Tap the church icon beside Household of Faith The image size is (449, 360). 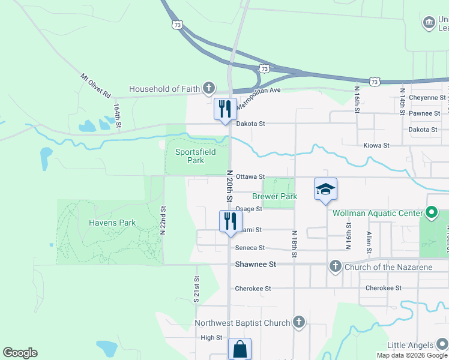[x=208, y=89]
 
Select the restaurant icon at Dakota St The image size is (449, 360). [x=225, y=109]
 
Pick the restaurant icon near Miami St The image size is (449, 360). [x=229, y=221]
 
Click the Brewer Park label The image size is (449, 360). [x=274, y=196]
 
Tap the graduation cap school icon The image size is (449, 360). [x=325, y=189]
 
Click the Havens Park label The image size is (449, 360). [x=112, y=223]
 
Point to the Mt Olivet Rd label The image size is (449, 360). [x=96, y=86]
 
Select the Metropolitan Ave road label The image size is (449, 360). [x=258, y=98]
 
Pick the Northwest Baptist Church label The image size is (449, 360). [x=243, y=323]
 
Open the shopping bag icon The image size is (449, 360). [x=240, y=349]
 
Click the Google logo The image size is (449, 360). [x=20, y=353]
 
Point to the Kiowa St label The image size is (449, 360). [x=376, y=145]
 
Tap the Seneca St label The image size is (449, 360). [x=250, y=248]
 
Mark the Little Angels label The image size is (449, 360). [x=410, y=345]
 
